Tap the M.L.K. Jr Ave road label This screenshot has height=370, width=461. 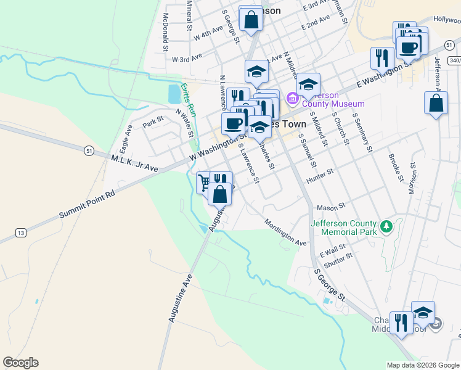134,163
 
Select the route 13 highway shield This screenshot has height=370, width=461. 22,232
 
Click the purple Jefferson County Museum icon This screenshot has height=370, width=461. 293,99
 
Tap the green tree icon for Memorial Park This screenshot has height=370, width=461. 386,227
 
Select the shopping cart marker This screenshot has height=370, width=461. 203,183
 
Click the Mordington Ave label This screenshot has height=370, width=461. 285,232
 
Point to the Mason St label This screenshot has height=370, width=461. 329,208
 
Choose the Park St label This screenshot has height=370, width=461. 152,121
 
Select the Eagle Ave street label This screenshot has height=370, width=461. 126,139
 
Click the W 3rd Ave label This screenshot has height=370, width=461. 187,59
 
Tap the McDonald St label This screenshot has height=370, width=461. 165,32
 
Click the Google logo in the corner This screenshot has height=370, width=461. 20,363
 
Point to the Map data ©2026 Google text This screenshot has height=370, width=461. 422,365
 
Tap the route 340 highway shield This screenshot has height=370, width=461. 454,60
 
